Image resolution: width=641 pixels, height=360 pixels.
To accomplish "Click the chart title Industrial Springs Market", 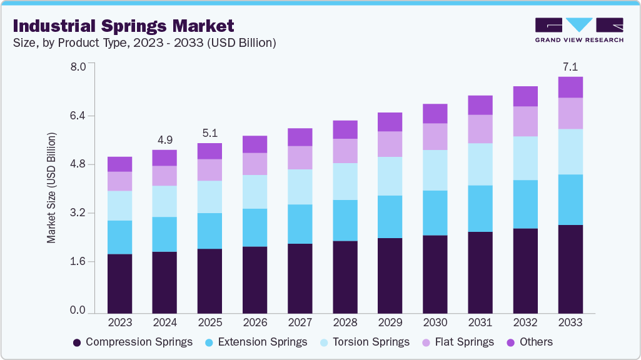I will pos(123,26).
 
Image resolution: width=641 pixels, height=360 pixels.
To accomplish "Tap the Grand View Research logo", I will pos(579,30).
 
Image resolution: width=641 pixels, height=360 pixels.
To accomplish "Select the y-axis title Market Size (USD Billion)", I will pos(51,187).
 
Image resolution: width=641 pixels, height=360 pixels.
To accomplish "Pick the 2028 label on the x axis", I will pos(345,322).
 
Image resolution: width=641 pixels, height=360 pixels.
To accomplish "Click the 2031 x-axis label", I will pos(480,322).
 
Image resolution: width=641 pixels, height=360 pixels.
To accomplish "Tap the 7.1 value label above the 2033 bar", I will pos(570,66).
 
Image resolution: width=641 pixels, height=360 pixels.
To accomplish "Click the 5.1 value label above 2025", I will pos(209,132).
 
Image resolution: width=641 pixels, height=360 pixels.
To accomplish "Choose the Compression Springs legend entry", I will pos(133,342).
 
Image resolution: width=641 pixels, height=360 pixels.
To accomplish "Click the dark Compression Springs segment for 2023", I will pos(119,283).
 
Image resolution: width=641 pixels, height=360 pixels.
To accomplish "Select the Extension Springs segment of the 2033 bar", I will pos(570,199).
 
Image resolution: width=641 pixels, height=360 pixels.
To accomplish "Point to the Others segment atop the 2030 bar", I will pos(435,113).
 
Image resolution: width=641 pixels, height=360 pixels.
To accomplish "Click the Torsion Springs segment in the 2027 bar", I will pos(300,187).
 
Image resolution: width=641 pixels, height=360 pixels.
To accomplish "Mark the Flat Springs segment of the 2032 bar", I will pos(525,121).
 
